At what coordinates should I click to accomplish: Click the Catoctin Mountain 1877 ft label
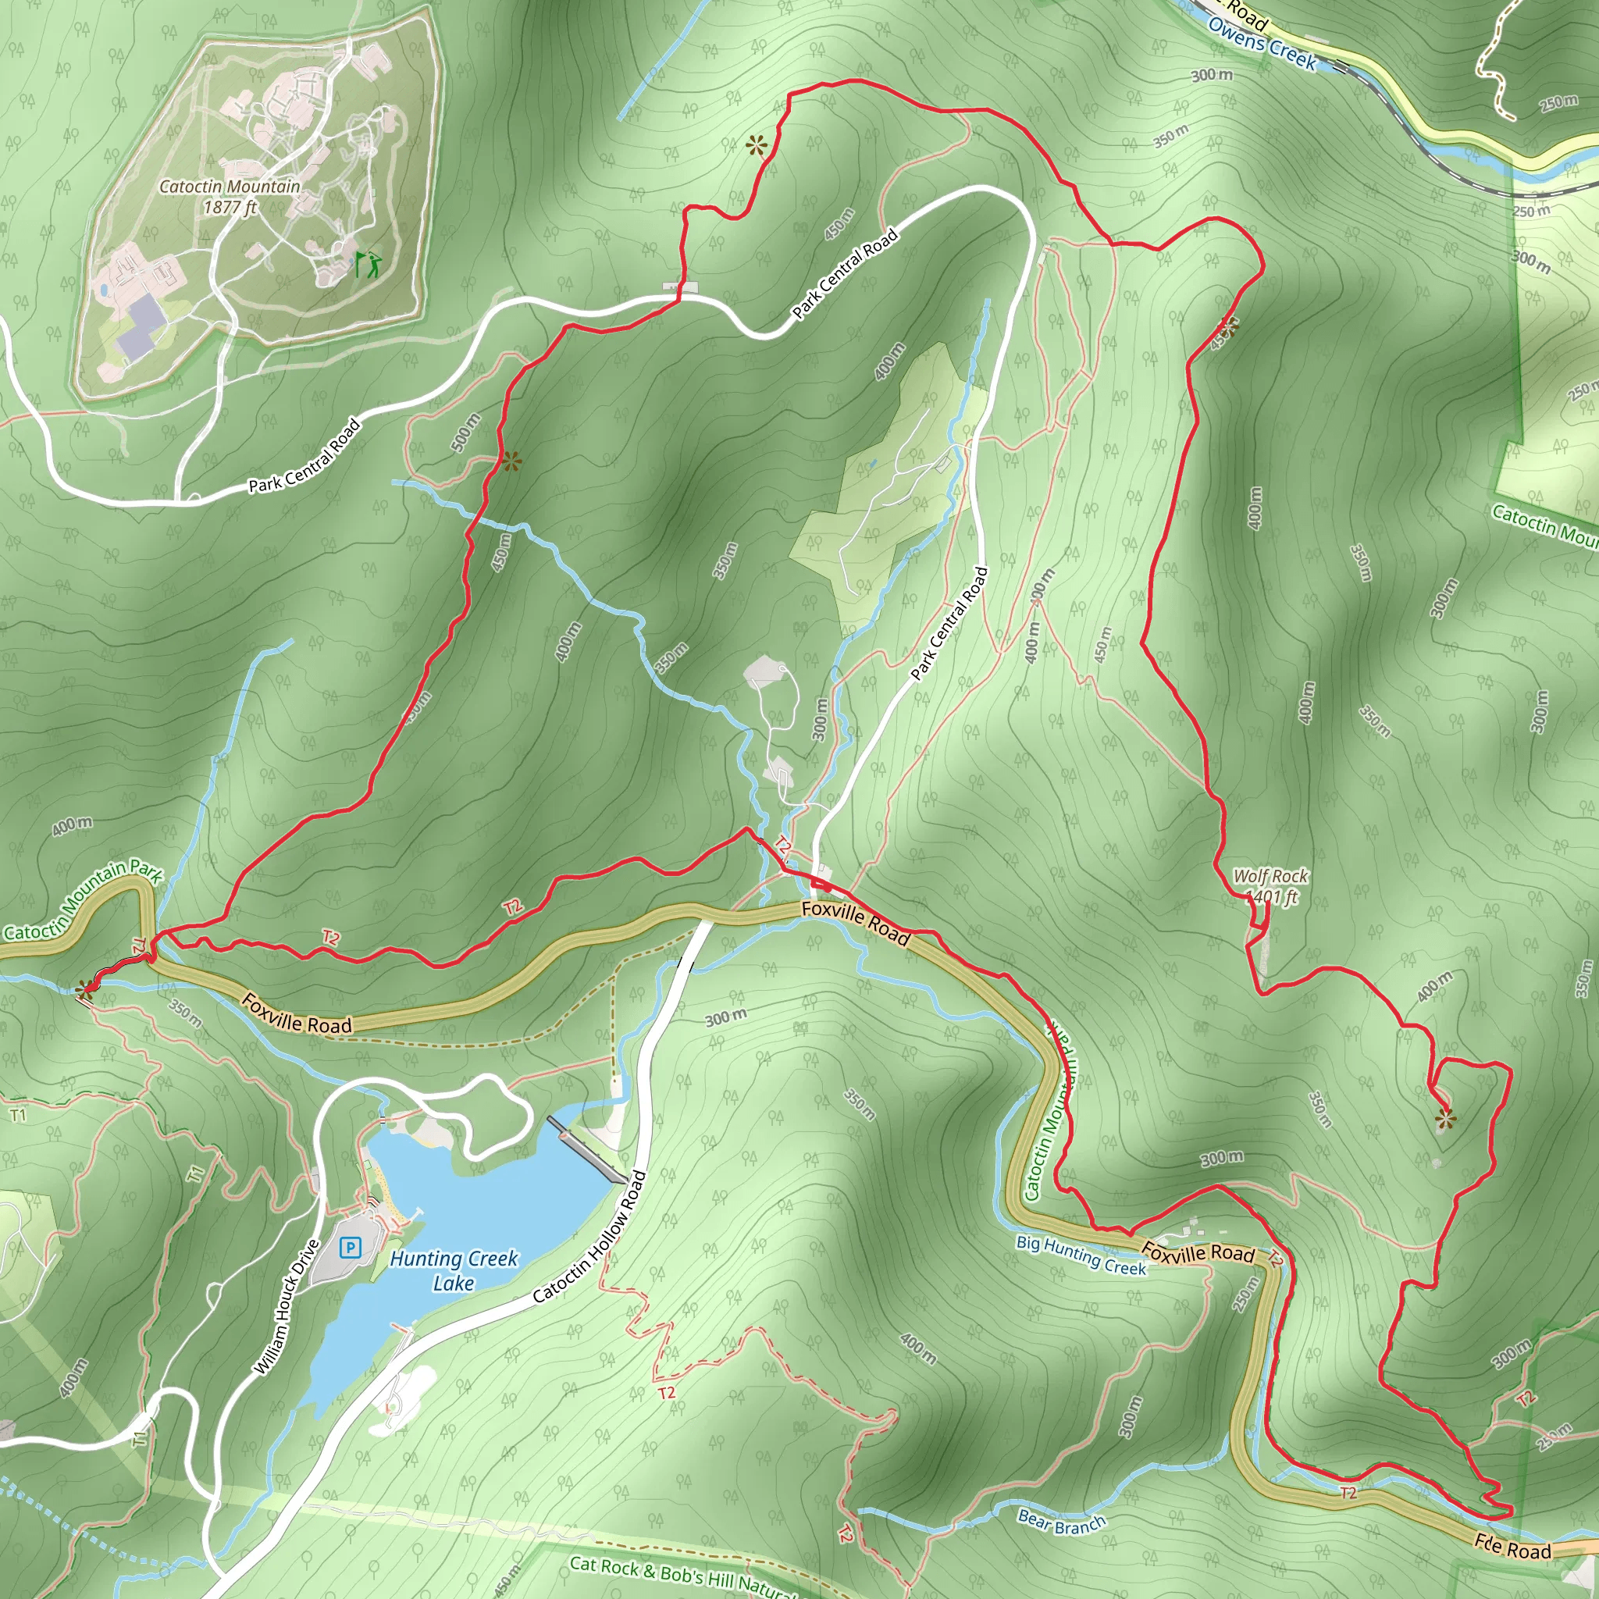coord(230,197)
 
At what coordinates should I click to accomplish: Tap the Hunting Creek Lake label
coord(454,1270)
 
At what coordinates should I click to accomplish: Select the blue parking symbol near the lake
coord(351,1247)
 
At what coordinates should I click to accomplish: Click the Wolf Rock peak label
coord(1271,885)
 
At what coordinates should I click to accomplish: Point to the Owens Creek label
coord(1262,43)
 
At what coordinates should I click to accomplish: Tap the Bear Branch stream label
coord(1062,1521)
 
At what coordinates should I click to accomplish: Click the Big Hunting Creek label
coord(1081,1255)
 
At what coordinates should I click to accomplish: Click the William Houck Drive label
coord(286,1308)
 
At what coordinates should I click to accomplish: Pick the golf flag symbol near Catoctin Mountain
coord(370,264)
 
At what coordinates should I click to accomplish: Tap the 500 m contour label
coord(466,432)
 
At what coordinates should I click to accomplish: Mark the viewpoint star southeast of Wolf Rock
coord(1446,1120)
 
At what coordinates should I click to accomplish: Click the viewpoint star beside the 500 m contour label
coord(511,462)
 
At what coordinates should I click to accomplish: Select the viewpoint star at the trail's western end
coord(84,988)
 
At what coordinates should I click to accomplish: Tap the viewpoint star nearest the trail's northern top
coord(756,148)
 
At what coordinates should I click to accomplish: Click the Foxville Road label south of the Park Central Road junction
coord(856,923)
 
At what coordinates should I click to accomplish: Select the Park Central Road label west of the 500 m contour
coord(304,457)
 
